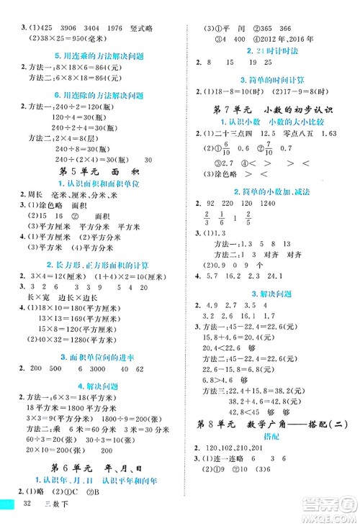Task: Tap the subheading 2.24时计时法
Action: click(272, 50)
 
